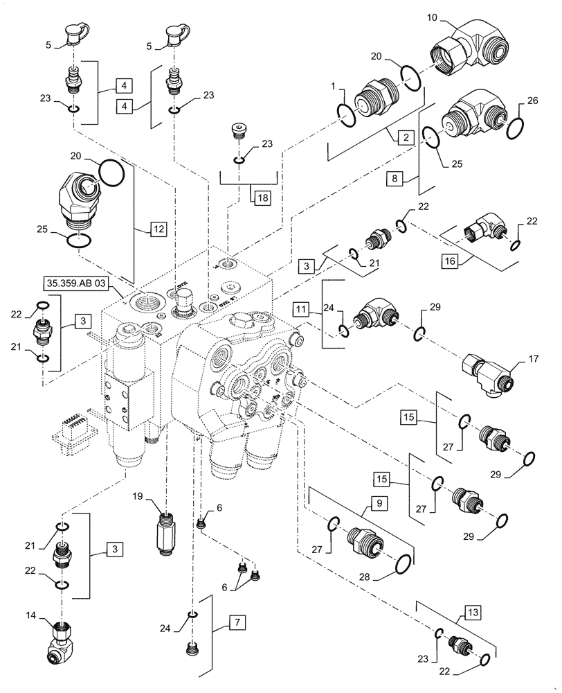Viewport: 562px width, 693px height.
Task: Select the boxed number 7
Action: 237,623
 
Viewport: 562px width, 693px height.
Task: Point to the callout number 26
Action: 531,101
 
